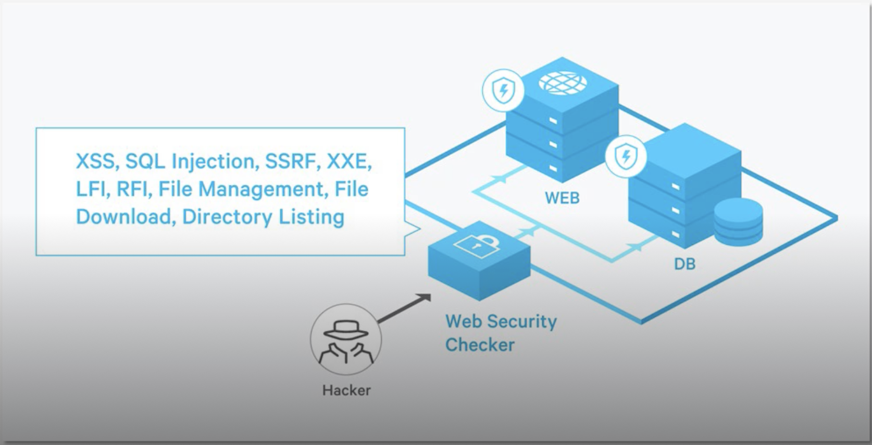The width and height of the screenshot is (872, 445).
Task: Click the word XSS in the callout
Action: click(95, 162)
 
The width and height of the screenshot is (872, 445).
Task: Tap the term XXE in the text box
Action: click(348, 162)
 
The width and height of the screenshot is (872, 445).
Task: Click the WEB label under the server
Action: click(562, 198)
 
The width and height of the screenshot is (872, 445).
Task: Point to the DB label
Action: click(684, 264)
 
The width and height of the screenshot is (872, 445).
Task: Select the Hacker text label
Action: click(346, 390)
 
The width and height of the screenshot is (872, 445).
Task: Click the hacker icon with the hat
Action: click(346, 340)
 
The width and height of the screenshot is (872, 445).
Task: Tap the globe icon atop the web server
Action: click(563, 82)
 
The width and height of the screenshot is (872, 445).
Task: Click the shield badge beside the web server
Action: click(503, 91)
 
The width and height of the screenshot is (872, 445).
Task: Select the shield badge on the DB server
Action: click(626, 156)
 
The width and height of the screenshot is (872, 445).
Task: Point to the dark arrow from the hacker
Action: click(404, 308)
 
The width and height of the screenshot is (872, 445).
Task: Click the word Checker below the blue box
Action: click(480, 345)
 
